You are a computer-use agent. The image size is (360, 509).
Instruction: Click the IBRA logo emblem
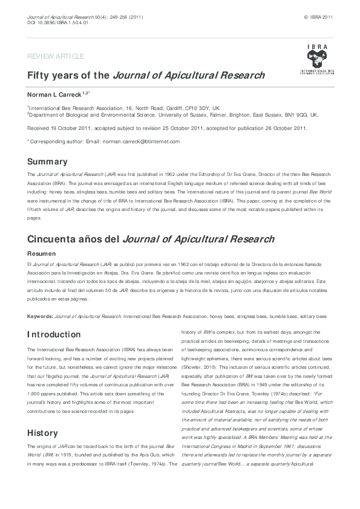[316, 59]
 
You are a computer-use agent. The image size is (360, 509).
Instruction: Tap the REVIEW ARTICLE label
[56, 56]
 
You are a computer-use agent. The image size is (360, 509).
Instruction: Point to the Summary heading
[47, 161]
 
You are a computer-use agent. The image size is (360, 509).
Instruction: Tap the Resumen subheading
[42, 254]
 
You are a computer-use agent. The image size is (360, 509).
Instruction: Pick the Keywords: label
[40, 316]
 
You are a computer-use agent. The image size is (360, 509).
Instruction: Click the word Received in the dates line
[40, 128]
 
